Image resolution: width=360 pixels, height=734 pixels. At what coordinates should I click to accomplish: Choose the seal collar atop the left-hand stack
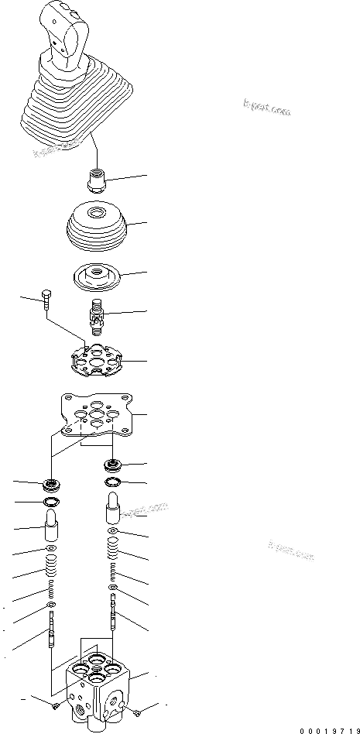point(53,486)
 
